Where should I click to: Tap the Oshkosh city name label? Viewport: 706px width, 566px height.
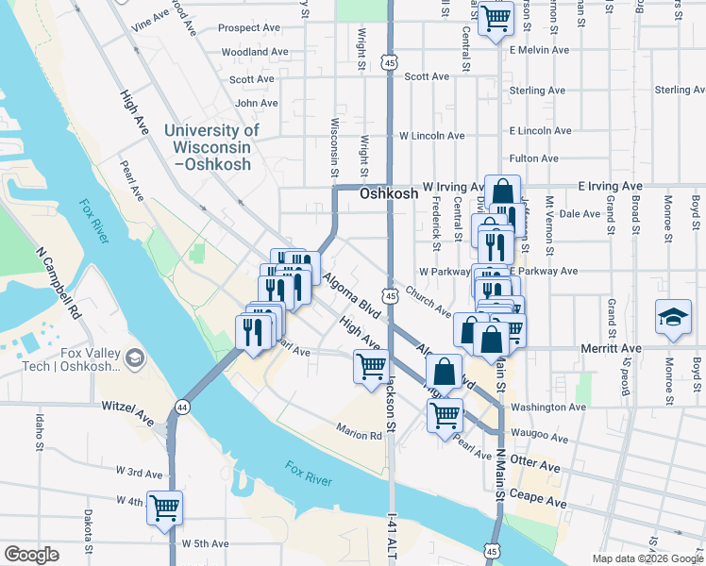(388, 192)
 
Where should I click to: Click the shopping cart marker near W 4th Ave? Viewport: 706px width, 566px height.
(164, 508)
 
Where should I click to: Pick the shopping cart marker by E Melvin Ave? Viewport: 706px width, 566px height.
(496, 18)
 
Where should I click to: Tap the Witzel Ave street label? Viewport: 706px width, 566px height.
(126, 411)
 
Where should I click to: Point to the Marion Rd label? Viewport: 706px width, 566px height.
(360, 436)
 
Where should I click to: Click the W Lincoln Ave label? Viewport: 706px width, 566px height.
(431, 136)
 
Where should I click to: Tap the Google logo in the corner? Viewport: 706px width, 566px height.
(31, 555)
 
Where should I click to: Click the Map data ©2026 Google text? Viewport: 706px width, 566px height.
(647, 558)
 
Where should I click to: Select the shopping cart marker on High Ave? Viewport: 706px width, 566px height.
(371, 364)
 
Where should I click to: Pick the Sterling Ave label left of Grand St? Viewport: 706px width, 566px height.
(537, 91)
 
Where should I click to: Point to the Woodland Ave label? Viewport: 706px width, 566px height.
(255, 52)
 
